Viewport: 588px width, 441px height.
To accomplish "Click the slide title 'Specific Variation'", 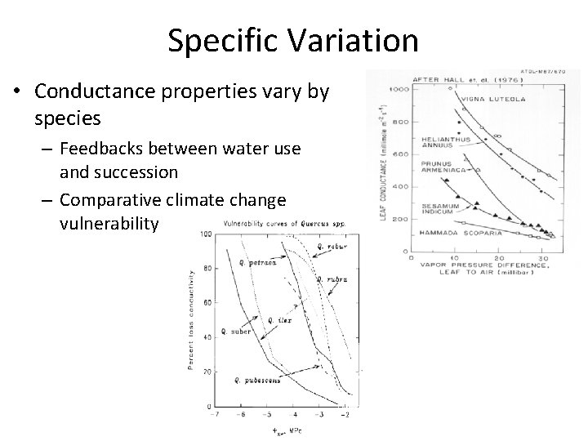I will pos(293,40).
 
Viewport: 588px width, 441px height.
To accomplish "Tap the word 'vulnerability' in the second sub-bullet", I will pos(109,223).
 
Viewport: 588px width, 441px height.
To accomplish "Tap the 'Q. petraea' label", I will pos(256,263).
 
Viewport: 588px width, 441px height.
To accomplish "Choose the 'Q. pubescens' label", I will pos(257,381).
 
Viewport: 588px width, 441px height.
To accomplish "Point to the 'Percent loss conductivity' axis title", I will pos(192,318).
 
